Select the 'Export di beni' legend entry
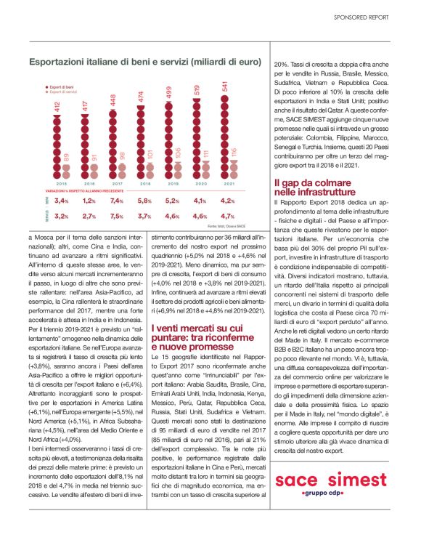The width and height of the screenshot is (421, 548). (64, 86)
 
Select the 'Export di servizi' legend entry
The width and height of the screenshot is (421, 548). (65, 92)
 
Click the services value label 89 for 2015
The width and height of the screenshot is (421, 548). (67, 158)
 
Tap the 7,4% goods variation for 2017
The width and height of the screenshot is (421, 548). (117, 201)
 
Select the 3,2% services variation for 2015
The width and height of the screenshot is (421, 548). (61, 216)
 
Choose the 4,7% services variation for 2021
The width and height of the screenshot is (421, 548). (227, 216)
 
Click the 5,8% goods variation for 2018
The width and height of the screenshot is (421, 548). (144, 201)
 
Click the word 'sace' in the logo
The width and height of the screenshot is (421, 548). (298, 481)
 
